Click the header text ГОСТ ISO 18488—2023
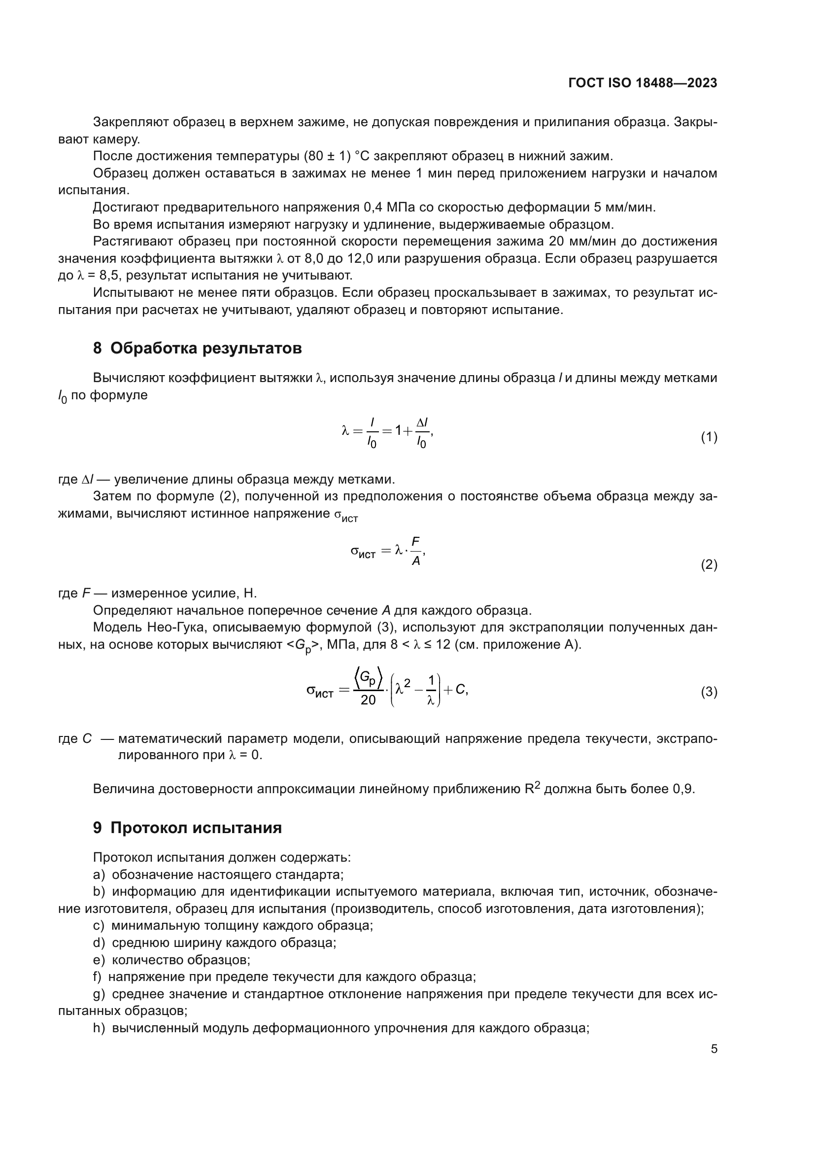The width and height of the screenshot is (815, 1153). (643, 83)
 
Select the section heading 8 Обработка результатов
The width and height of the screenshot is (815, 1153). (197, 348)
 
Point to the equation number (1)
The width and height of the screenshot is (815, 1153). (709, 437)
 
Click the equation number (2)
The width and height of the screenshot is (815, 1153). (709, 565)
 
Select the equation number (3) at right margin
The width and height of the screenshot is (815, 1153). (709, 692)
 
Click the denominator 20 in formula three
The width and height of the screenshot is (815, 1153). (368, 700)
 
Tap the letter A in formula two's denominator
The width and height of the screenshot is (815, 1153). (415, 561)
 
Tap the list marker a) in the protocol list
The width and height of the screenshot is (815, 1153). (99, 875)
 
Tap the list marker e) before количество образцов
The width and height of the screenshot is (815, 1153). (99, 960)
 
